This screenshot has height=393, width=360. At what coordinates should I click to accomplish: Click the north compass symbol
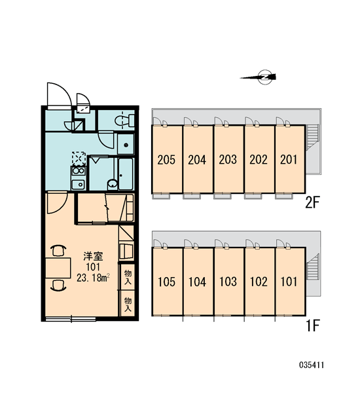(x=261, y=77)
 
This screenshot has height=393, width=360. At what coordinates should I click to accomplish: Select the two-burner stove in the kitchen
(x=78, y=171)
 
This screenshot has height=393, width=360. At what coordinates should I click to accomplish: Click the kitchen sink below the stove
(x=78, y=185)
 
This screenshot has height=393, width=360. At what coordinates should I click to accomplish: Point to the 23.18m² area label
(x=93, y=278)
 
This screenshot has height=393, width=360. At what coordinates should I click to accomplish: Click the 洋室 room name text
(x=93, y=256)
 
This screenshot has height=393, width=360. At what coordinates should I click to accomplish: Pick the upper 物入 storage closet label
(x=128, y=277)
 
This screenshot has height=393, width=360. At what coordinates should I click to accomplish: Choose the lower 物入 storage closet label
(x=128, y=305)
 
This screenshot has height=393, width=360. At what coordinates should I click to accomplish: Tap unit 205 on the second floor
(x=166, y=160)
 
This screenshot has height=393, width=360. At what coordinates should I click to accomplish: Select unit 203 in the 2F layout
(x=228, y=160)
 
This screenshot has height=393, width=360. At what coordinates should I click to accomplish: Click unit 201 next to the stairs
(x=289, y=160)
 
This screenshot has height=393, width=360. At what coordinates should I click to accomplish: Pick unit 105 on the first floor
(x=166, y=282)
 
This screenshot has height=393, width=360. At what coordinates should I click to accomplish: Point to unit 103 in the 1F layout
(x=228, y=282)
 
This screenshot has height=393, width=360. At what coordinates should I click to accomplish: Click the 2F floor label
(x=313, y=202)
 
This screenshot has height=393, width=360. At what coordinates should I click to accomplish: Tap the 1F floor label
(x=313, y=326)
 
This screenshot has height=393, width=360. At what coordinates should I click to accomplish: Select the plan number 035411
(x=312, y=365)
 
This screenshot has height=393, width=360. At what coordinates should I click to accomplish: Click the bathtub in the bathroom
(x=126, y=174)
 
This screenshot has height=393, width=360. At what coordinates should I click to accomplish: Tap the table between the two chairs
(x=58, y=268)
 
